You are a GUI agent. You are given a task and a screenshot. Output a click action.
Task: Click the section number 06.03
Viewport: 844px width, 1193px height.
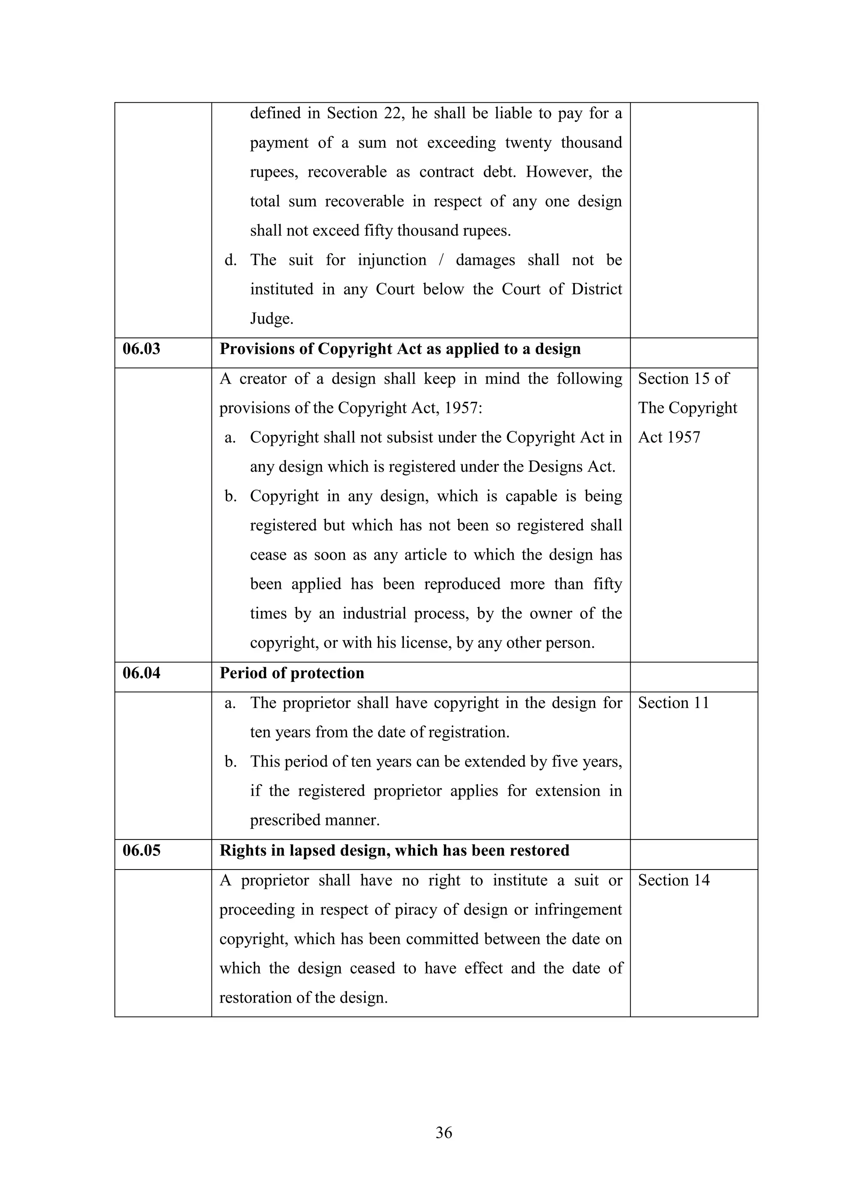click(x=141, y=349)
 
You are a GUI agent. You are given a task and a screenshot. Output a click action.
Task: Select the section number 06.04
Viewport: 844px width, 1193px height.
click(x=141, y=673)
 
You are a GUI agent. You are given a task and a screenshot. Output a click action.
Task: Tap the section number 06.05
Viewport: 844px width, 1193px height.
click(x=141, y=850)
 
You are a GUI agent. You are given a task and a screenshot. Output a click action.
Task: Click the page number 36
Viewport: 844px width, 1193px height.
click(x=444, y=1132)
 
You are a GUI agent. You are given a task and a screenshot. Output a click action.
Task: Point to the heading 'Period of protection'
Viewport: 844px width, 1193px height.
click(x=292, y=673)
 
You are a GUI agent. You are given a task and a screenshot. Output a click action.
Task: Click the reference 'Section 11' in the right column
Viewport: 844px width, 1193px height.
click(x=673, y=703)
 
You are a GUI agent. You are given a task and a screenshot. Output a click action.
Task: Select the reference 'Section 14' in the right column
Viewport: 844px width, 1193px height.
click(x=673, y=880)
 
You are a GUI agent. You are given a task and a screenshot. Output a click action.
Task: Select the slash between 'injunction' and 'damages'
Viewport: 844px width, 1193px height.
click(x=441, y=260)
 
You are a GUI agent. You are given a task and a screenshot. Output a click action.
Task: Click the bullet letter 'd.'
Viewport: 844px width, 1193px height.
click(x=231, y=260)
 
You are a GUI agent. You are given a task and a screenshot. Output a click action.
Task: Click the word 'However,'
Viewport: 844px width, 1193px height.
click(x=559, y=172)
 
